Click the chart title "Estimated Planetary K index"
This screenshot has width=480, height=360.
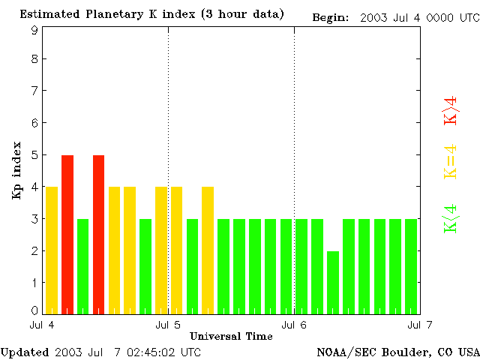pyautogui.click(x=112, y=14)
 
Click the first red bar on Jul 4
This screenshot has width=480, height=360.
pyautogui.click(x=67, y=234)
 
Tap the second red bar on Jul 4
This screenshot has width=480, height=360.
pyautogui.click(x=98, y=234)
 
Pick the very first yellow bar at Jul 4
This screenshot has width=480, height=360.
pyautogui.click(x=52, y=250)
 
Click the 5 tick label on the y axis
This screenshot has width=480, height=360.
pyautogui.click(x=34, y=154)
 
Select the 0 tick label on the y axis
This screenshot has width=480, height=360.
pyautogui.click(x=34, y=310)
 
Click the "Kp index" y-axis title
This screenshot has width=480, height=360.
pyautogui.click(x=16, y=170)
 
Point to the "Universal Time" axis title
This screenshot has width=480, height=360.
pyautogui.click(x=231, y=336)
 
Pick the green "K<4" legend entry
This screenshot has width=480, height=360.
pyautogui.click(x=451, y=218)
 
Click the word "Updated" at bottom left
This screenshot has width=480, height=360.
pyautogui.click(x=25, y=352)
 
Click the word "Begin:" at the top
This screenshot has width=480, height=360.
pyautogui.click(x=331, y=16)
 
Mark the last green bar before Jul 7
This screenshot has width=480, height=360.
pyautogui.click(x=411, y=266)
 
